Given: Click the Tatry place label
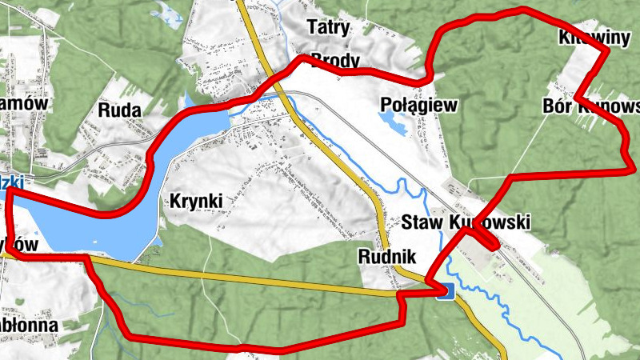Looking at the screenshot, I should tap(329, 28).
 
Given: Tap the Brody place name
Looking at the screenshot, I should tap(335, 61).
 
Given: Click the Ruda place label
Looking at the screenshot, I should tap(120, 110).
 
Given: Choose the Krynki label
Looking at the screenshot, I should tap(194, 202).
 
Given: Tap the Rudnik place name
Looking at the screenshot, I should tap(388, 257).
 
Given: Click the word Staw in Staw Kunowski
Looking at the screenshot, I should tap(423, 222).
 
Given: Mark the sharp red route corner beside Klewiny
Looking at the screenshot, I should tap(606, 50).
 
